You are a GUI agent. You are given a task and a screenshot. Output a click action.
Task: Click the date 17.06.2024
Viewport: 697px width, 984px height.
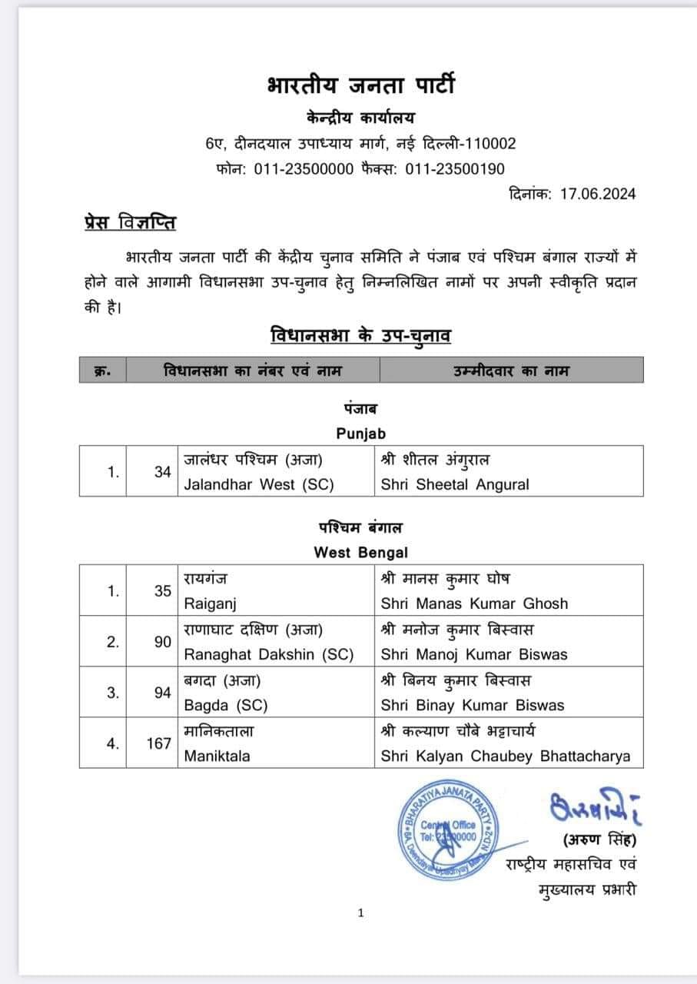click(597, 194)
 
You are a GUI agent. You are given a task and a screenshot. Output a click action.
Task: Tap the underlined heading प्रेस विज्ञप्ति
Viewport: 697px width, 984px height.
click(130, 224)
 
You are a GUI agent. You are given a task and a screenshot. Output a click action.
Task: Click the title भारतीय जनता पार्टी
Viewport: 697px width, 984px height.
click(360, 85)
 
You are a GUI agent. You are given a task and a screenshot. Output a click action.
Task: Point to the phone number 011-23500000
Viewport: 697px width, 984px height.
click(304, 169)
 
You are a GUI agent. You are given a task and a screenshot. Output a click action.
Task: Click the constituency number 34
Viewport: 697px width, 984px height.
click(162, 473)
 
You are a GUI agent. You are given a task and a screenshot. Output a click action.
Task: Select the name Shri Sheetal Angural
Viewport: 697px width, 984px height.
click(455, 485)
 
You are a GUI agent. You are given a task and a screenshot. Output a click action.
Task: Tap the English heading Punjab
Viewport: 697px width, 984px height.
click(360, 434)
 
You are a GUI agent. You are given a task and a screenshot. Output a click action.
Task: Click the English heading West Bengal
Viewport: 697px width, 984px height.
click(360, 552)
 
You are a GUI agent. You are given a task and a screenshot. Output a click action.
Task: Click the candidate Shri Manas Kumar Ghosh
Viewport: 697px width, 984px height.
click(474, 603)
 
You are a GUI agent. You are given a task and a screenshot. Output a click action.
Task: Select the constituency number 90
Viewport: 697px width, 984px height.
click(162, 642)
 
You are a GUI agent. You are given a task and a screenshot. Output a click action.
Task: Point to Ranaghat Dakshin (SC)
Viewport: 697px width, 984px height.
click(268, 655)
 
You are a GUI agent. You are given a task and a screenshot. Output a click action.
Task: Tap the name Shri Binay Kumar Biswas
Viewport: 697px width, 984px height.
click(473, 705)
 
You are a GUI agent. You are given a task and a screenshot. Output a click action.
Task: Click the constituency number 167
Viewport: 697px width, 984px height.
click(158, 743)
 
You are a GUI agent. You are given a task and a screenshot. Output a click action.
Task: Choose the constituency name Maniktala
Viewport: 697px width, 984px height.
click(217, 756)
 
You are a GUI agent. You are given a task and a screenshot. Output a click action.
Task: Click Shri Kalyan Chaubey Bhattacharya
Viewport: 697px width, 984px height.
click(506, 756)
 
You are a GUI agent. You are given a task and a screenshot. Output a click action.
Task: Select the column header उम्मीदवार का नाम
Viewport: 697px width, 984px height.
click(512, 371)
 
